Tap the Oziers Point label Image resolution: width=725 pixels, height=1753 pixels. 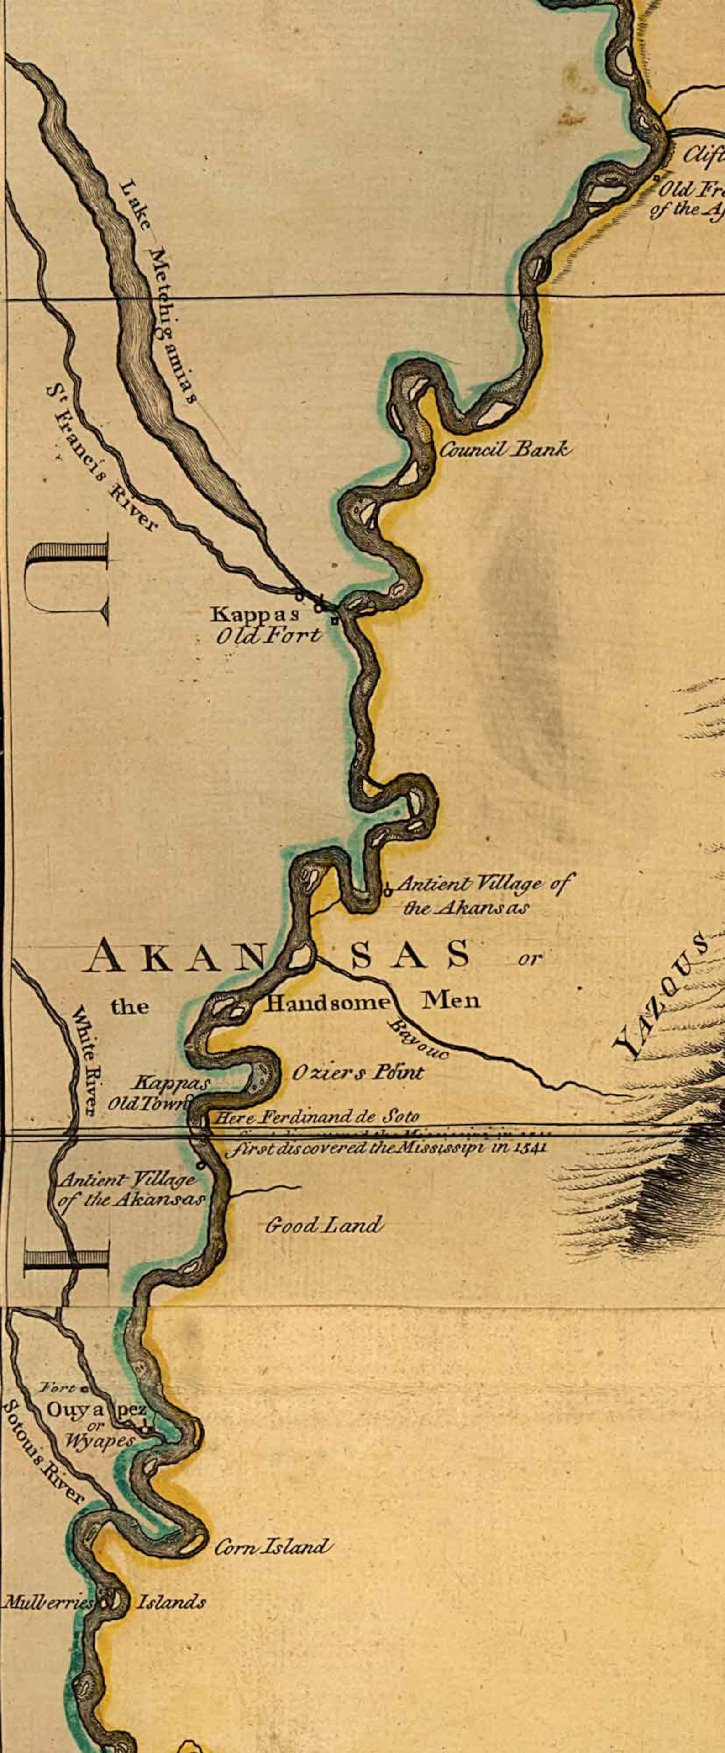(358, 1073)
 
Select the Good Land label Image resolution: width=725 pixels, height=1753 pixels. (324, 1225)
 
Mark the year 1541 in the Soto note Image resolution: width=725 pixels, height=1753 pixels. (527, 1147)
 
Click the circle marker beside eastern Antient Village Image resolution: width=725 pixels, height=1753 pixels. (387, 887)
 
